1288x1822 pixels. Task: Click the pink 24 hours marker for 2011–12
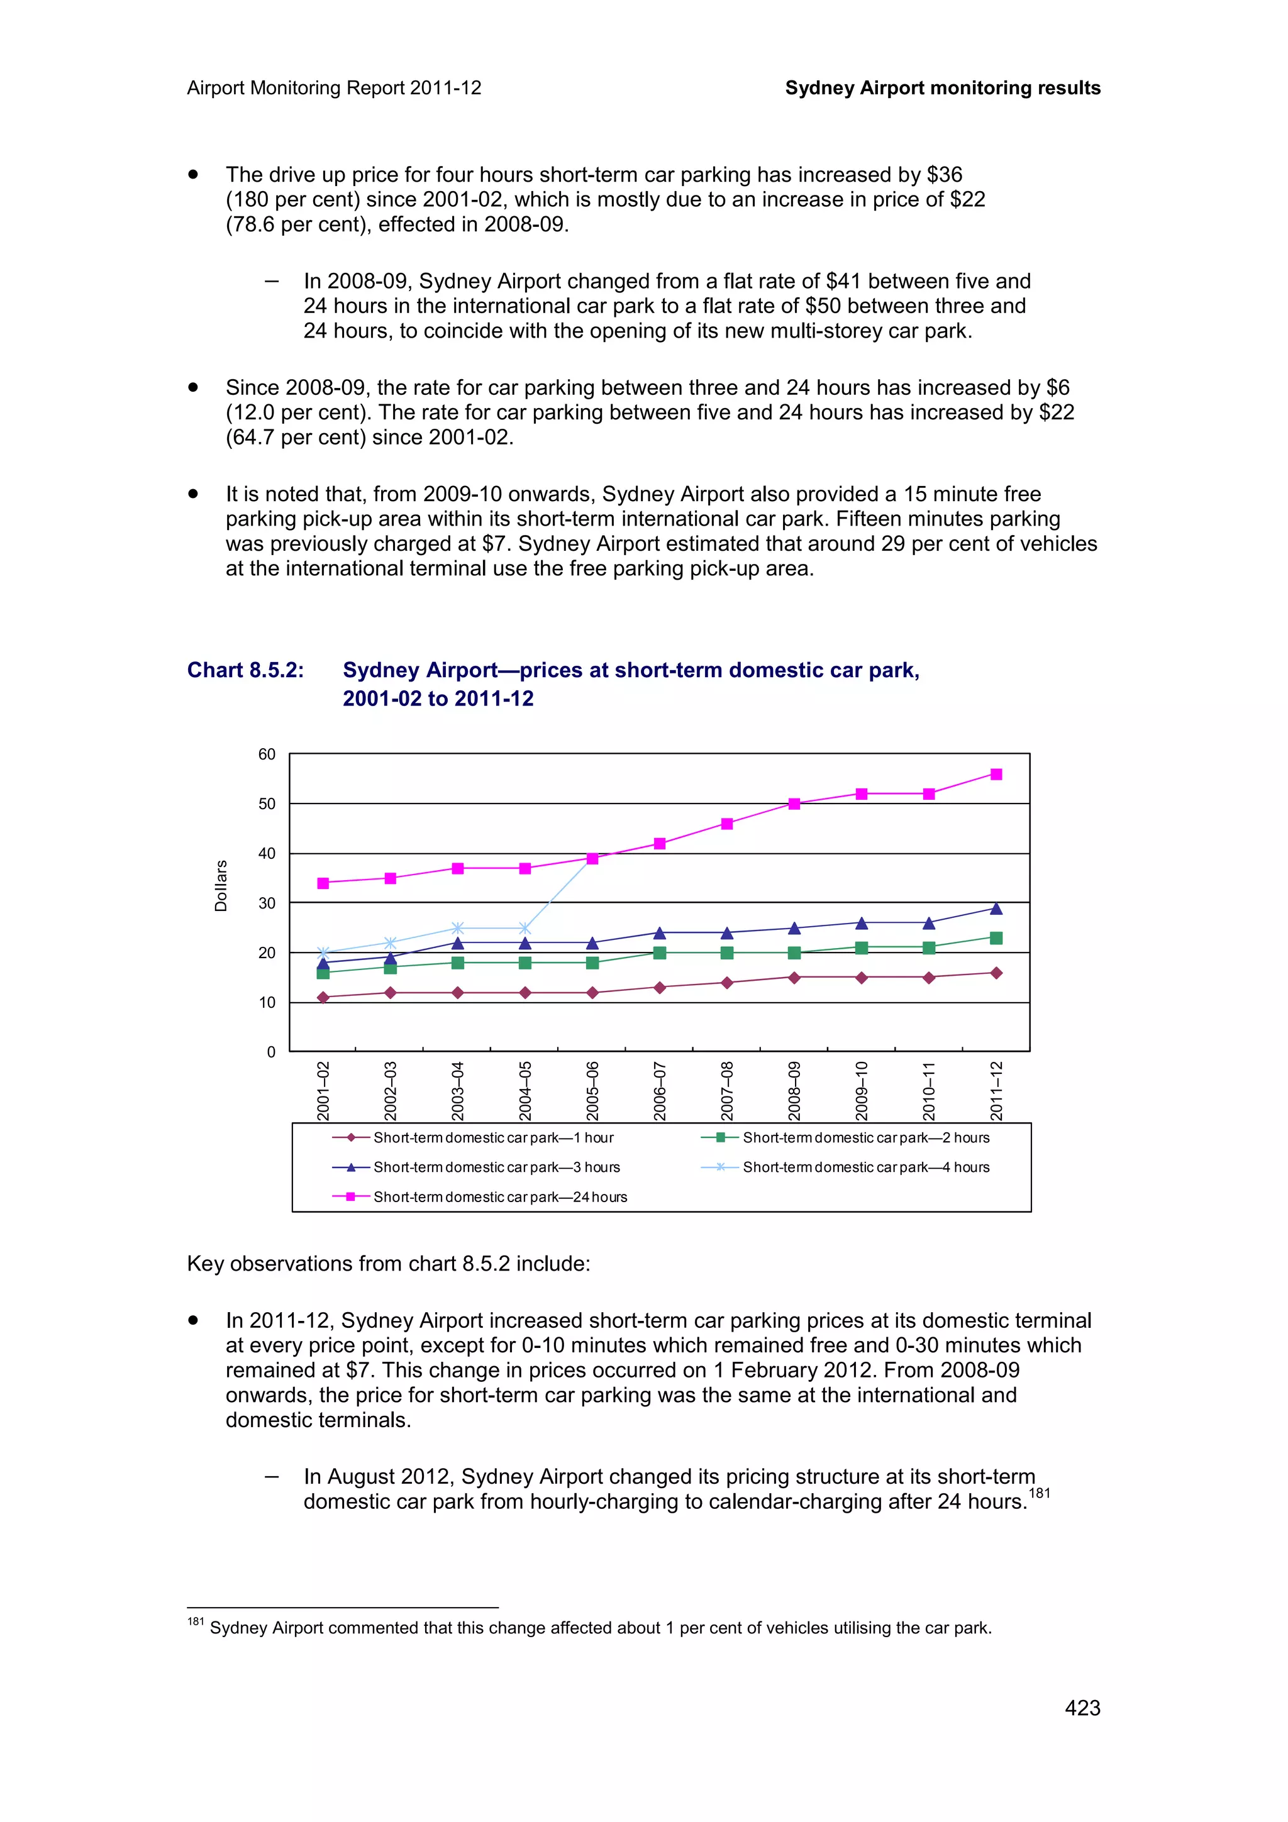pyautogui.click(x=996, y=774)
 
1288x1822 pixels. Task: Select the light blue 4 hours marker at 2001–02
pyautogui.click(x=323, y=952)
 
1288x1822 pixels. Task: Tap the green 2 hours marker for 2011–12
pyautogui.click(x=996, y=938)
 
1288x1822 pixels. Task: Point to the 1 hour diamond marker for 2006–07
pyautogui.click(x=660, y=987)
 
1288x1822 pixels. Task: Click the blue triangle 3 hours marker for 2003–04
pyautogui.click(x=458, y=942)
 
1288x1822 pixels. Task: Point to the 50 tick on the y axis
pyautogui.click(x=267, y=804)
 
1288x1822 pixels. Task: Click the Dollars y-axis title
pyautogui.click(x=221, y=886)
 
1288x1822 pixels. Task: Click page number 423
pyautogui.click(x=1082, y=1708)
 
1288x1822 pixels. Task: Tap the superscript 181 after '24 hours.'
pyautogui.click(x=1039, y=1493)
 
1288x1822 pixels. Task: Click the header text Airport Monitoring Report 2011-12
pyautogui.click(x=334, y=88)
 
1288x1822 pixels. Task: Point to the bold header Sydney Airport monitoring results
pyautogui.click(x=942, y=88)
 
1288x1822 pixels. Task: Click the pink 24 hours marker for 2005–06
pyautogui.click(x=592, y=859)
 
